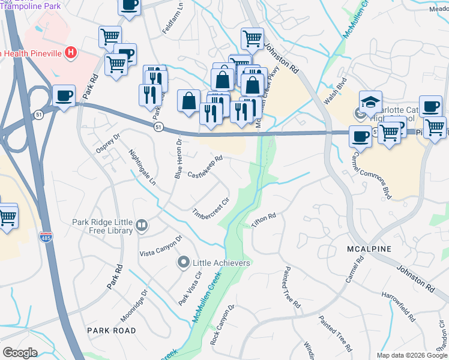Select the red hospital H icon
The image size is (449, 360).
pyautogui.click(x=71, y=53)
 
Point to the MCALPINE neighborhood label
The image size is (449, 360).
pyautogui.click(x=369, y=248)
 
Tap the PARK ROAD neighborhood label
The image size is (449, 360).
pyautogui.click(x=111, y=331)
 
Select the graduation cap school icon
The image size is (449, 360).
pyautogui.click(x=371, y=102)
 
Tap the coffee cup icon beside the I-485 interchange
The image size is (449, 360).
pyautogui.click(x=64, y=96)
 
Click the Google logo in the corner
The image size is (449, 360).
pyautogui.click(x=20, y=353)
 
